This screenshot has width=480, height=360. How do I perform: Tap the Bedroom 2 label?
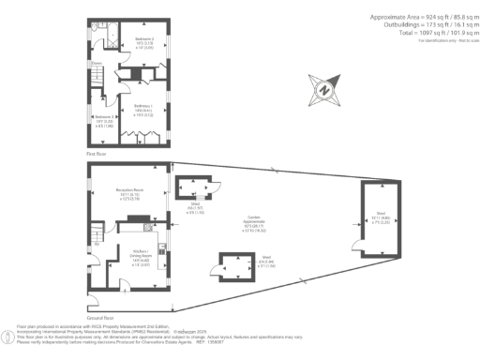[144, 38]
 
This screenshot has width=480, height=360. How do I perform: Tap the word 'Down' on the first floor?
[96, 65]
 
